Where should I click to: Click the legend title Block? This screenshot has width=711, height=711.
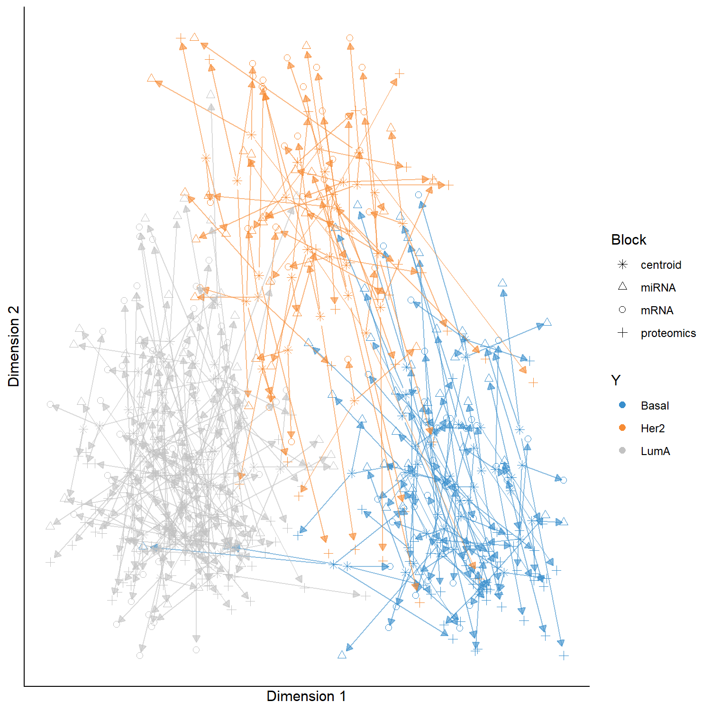tap(629, 240)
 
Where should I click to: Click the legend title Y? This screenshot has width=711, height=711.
tap(616, 380)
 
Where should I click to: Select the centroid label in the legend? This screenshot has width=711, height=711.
tap(661, 265)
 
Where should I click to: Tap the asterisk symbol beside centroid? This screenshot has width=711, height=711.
tap(623, 264)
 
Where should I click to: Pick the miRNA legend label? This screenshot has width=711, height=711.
tap(658, 288)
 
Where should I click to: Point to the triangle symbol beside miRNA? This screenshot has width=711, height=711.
tap(623, 287)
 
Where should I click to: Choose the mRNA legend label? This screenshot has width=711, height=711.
tap(657, 310)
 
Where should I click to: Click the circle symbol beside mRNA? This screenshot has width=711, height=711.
tap(623, 310)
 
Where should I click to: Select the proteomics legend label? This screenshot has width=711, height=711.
tap(668, 333)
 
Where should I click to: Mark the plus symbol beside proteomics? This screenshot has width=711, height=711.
tap(623, 333)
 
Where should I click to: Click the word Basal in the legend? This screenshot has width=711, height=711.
tap(655, 406)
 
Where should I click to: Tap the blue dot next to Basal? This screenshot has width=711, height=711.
tap(623, 405)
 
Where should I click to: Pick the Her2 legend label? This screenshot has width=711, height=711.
tap(653, 428)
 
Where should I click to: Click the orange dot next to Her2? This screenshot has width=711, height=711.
tap(623, 428)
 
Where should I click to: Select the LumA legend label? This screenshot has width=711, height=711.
tap(655, 451)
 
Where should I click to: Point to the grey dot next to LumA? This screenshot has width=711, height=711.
tap(623, 451)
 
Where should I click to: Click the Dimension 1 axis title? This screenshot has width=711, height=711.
tap(306, 696)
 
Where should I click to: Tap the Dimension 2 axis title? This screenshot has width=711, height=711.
tap(14, 346)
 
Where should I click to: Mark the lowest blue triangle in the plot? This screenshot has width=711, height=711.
tap(342, 655)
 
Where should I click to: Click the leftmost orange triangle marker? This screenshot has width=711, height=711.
tap(151, 78)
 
